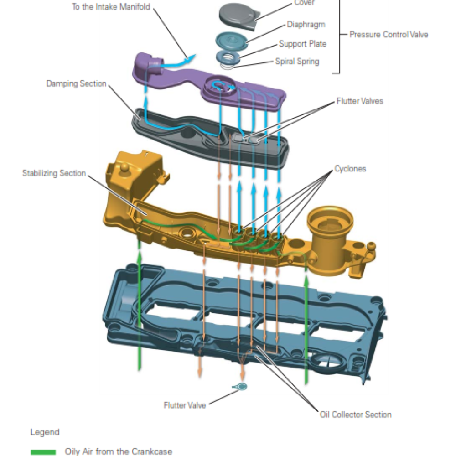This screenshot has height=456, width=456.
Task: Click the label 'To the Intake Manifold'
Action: click(111, 7)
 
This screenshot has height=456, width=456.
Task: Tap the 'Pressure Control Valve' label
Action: click(389, 34)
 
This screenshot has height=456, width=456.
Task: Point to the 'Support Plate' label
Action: click(303, 44)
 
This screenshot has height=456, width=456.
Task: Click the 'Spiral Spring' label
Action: click(297, 61)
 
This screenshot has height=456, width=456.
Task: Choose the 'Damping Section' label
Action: click(76, 84)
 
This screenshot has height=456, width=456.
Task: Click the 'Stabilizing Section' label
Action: click(54, 173)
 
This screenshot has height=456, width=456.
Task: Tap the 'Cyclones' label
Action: click(350, 169)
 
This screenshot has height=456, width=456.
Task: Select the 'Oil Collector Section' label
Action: click(356, 415)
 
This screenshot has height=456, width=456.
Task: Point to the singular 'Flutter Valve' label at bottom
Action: click(185, 405)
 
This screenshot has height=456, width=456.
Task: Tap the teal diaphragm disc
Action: click(231, 40)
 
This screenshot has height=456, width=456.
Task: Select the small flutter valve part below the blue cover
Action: click(241, 387)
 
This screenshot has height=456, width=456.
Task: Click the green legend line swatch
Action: click(43, 452)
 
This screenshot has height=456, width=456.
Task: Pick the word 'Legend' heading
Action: click(45, 432)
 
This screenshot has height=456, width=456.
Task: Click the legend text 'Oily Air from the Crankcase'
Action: click(119, 451)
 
